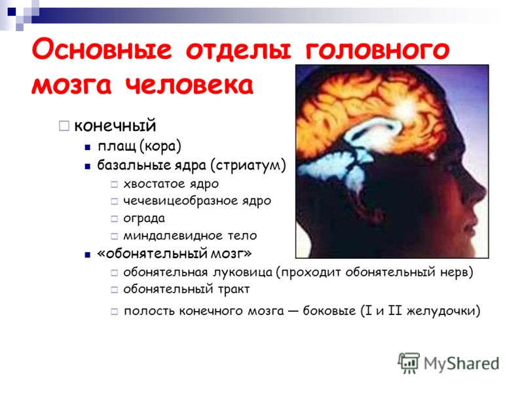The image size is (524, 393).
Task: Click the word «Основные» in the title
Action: pos(102,50)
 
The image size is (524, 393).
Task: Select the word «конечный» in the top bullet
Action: pos(115,126)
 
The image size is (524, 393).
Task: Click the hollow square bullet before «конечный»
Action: pos(64,126)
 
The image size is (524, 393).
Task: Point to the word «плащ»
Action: pos(117,146)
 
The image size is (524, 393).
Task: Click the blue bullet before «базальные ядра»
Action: pos(88,166)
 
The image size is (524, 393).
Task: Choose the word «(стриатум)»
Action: pos(248,165)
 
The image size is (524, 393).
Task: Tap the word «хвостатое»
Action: pos(154,184)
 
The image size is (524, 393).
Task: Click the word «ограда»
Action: pos(144,219)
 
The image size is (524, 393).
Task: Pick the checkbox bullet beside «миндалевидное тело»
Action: pos(114,236)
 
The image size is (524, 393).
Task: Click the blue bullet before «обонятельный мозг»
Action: pos(88,255)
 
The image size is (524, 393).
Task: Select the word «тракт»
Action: pos(234,290)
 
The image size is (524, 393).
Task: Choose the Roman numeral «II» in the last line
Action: pos(395,310)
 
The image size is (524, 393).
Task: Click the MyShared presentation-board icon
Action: pos(409,363)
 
